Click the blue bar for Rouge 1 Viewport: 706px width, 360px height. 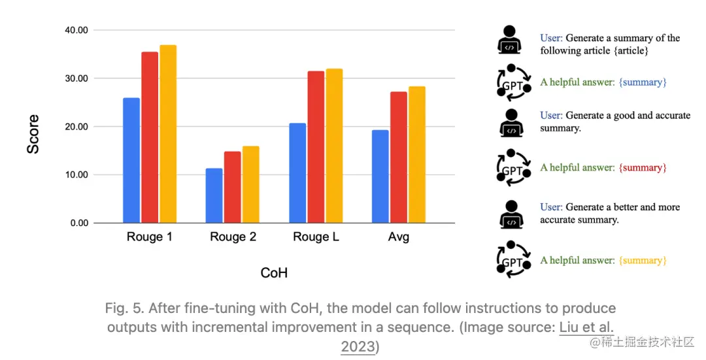(131, 160)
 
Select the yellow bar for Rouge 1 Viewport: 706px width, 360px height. (168, 134)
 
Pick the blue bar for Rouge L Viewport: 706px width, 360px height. (297, 172)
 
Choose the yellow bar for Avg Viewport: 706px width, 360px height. (417, 154)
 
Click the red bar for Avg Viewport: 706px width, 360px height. (399, 157)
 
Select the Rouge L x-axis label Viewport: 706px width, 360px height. (316, 237)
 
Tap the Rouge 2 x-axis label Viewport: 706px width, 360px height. (233, 237)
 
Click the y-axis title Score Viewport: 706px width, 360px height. (33, 135)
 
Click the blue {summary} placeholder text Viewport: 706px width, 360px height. (643, 82)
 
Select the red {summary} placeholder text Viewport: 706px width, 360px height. (643, 168)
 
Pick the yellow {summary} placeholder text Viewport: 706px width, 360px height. (643, 261)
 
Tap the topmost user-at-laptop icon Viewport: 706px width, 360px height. (511, 39)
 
